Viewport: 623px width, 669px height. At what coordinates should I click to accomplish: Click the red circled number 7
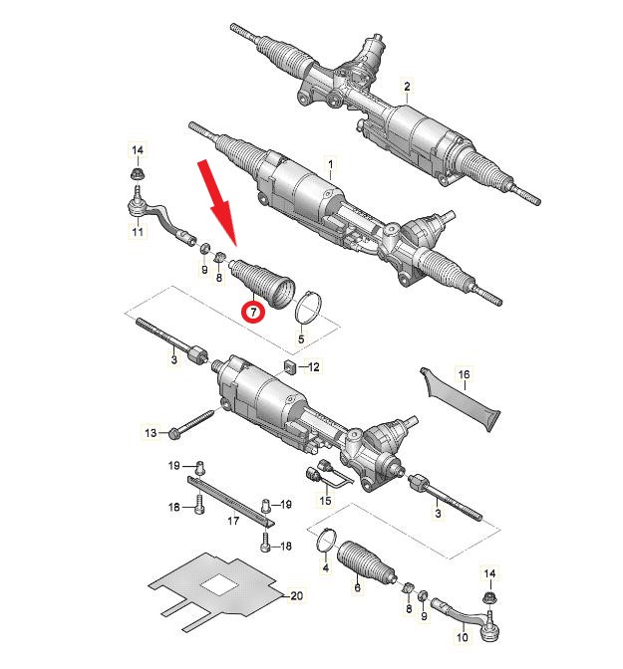click(x=253, y=312)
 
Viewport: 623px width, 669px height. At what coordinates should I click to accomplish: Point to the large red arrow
click(x=218, y=203)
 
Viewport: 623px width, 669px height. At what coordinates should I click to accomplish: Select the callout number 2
click(x=407, y=87)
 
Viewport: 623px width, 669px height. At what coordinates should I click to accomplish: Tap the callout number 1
click(x=330, y=164)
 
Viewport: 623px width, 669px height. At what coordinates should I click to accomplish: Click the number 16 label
click(x=464, y=374)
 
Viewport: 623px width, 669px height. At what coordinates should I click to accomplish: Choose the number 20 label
click(x=296, y=595)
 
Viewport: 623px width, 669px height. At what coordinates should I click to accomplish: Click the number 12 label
click(x=314, y=366)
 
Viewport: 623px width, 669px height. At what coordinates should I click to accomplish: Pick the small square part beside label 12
click(x=290, y=366)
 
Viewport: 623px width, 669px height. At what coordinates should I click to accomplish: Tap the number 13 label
click(x=151, y=433)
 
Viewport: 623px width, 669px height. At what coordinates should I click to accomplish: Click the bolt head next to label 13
click(x=173, y=433)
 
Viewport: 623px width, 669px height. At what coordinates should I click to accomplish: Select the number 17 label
click(x=233, y=521)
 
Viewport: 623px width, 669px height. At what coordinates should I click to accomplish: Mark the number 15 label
click(x=325, y=500)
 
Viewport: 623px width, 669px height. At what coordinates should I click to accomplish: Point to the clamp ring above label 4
click(x=326, y=542)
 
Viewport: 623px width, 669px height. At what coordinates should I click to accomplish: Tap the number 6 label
click(x=357, y=587)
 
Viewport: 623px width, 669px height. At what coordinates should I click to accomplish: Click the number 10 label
click(x=463, y=637)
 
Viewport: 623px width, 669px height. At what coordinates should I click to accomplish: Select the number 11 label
click(x=138, y=231)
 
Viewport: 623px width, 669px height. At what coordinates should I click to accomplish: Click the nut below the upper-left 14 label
click(x=138, y=174)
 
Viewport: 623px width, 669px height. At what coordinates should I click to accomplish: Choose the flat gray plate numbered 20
click(x=215, y=586)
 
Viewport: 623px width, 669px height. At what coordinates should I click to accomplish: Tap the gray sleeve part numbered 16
click(x=460, y=401)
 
